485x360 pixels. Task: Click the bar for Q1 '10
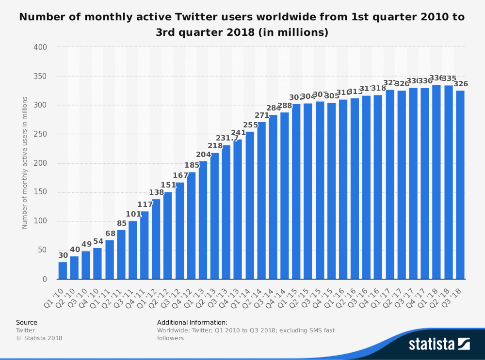click(x=63, y=270)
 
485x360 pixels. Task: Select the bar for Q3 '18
click(x=460, y=185)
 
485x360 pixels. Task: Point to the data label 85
click(x=121, y=223)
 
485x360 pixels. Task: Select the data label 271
click(x=261, y=115)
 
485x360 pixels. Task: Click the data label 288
click(x=285, y=106)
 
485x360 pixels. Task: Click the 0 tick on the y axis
click(x=45, y=280)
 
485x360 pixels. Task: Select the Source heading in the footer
click(x=26, y=322)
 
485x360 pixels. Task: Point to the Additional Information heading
click(x=192, y=322)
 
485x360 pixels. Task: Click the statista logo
click(x=439, y=344)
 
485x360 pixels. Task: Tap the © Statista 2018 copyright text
click(x=39, y=338)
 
